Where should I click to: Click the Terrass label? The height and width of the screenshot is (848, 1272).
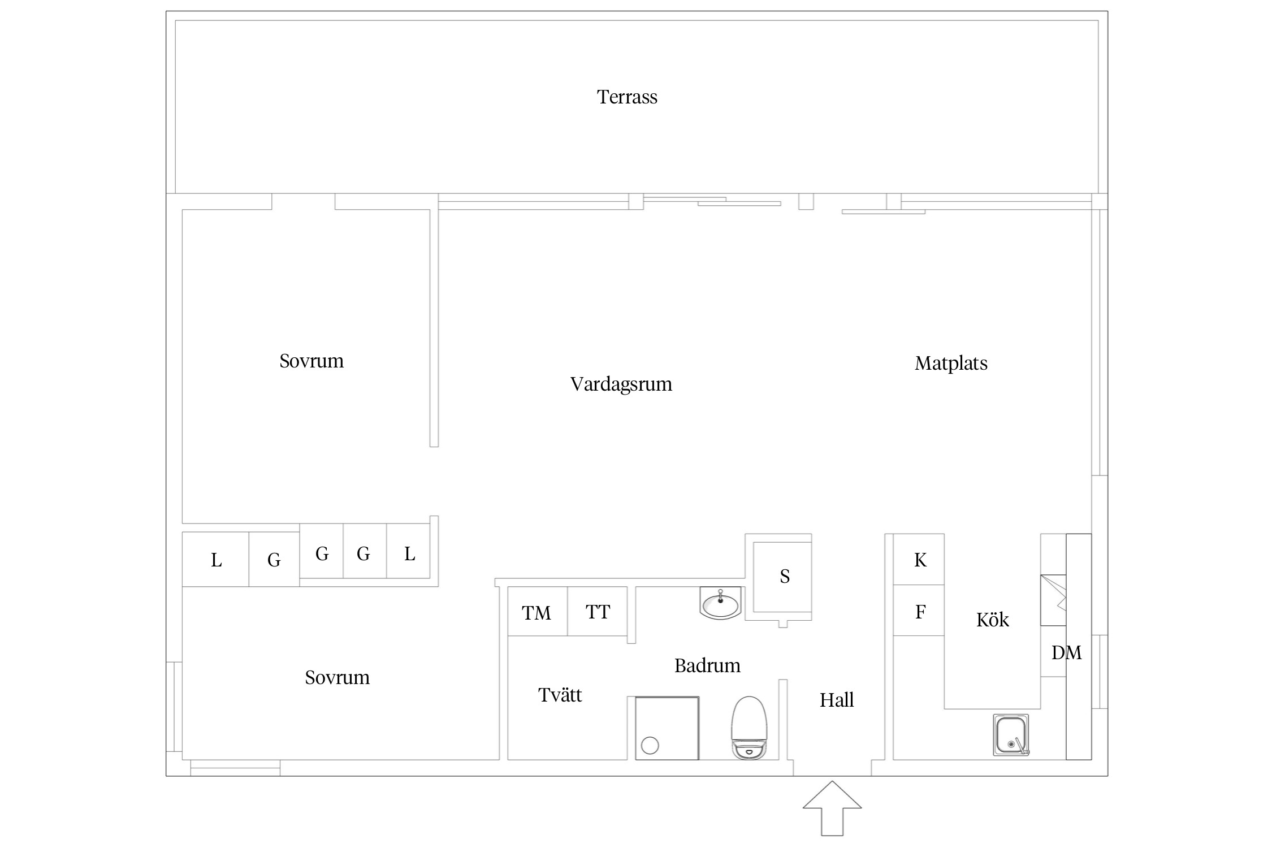click(x=627, y=97)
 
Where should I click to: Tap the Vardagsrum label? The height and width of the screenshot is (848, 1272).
click(x=621, y=384)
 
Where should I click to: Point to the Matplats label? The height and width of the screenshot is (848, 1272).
click(x=951, y=363)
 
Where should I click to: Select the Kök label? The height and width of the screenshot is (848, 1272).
click(x=992, y=620)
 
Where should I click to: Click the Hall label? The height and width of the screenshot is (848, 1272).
click(x=837, y=700)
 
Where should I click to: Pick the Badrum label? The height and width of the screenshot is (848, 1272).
click(x=707, y=665)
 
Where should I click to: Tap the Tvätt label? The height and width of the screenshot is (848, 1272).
click(x=560, y=695)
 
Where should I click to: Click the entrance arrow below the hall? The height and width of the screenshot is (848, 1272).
click(x=832, y=808)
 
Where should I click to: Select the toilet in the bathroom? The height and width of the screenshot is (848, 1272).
click(x=749, y=728)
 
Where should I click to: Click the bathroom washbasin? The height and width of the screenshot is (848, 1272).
click(x=720, y=603)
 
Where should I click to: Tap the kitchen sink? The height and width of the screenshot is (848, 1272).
click(x=1011, y=735)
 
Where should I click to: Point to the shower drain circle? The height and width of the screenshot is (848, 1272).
click(x=650, y=746)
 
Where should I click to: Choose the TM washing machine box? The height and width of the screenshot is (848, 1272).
click(x=538, y=611)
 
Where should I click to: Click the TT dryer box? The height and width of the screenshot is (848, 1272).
click(x=598, y=611)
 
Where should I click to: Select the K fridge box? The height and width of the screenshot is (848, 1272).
click(x=919, y=559)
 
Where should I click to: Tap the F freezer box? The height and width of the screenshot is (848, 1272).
click(x=919, y=611)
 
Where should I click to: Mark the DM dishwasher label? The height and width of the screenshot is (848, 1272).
click(x=1066, y=653)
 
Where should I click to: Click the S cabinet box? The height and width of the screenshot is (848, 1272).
click(x=782, y=577)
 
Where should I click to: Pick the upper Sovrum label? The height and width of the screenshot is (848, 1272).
click(x=311, y=361)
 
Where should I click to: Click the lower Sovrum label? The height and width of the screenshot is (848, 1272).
click(x=337, y=678)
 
